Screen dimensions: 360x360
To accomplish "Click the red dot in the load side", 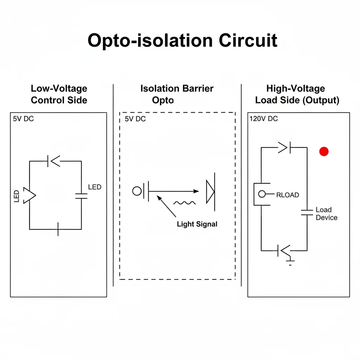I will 323,152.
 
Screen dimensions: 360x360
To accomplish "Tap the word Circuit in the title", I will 248,40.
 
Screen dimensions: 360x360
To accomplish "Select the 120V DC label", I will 263,119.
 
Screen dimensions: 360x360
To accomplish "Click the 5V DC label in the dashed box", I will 135,119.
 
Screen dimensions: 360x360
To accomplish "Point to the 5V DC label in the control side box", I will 24,119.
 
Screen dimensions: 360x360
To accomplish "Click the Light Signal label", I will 197,224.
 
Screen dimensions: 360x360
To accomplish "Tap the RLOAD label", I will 287,195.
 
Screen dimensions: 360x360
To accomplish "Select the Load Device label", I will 326,214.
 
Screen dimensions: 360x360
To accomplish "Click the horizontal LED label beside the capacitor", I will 95,187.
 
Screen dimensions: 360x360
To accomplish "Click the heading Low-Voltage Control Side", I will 59,94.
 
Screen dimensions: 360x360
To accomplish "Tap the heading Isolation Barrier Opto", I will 176,94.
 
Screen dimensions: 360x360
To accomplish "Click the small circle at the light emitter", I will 137,191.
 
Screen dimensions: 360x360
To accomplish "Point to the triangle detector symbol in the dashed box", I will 210,191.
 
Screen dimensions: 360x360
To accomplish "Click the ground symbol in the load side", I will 290,261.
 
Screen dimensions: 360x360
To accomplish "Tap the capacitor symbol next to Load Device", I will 307,212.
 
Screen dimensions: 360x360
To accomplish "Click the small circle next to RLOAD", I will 262,194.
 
